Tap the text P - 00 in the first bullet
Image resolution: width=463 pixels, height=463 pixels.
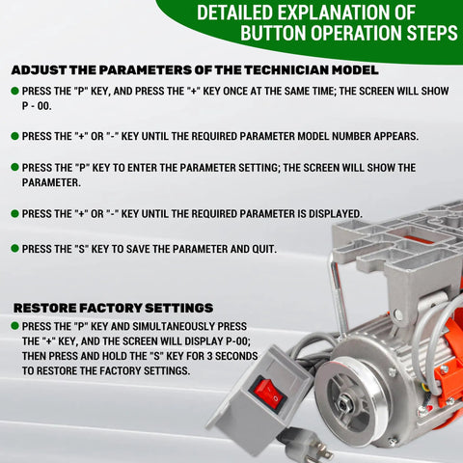[x=37, y=109]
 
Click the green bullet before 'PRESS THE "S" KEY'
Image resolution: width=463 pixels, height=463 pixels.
[x=14, y=249]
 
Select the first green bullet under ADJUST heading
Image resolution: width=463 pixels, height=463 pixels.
[x=14, y=91]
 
